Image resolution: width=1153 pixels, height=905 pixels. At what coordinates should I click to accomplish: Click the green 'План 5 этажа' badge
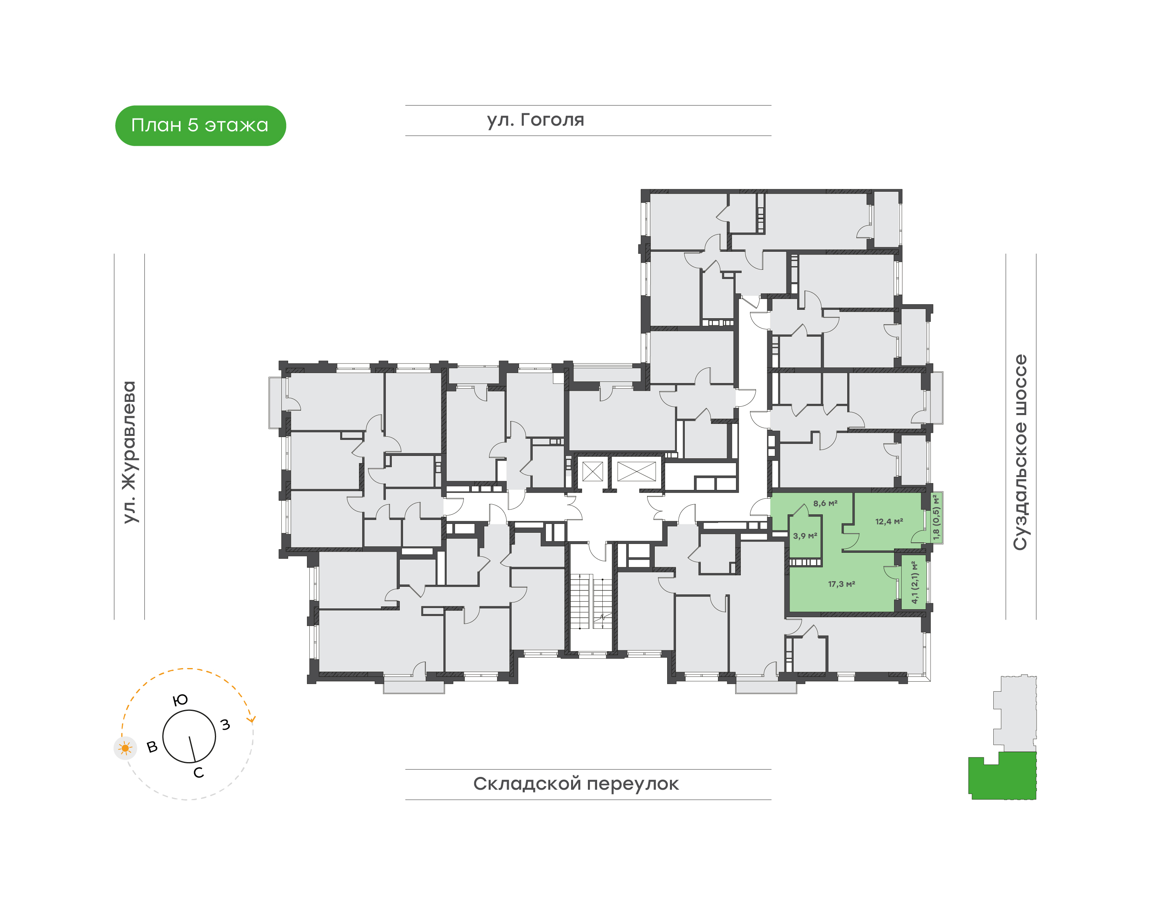tap(200, 126)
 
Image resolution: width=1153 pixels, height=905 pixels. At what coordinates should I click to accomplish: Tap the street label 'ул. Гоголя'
tap(535, 120)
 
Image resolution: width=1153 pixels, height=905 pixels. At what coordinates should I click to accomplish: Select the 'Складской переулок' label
tap(575, 784)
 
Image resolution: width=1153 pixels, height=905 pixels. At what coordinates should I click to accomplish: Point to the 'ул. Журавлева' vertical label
tap(129, 452)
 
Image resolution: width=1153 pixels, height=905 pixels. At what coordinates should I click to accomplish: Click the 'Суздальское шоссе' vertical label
tap(1020, 452)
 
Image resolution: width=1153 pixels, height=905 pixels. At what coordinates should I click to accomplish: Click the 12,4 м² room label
tap(888, 522)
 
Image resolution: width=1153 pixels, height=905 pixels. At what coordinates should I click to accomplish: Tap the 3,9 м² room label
tap(805, 536)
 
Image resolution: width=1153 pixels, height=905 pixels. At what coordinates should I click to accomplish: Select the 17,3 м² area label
tap(841, 584)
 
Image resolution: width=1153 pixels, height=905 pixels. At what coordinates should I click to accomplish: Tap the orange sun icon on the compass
tap(125, 748)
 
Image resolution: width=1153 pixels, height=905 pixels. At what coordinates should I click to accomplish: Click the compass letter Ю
tap(180, 700)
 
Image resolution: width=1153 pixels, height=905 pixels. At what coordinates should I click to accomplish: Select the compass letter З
tap(226, 724)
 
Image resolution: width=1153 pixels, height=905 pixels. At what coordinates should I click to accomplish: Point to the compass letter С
tap(199, 773)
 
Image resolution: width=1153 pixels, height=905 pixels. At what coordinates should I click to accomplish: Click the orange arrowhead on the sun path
tap(252, 719)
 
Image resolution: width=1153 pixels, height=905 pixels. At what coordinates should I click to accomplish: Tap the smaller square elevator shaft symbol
tap(592, 471)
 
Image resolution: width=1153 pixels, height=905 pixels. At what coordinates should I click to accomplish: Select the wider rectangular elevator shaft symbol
tap(636, 471)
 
